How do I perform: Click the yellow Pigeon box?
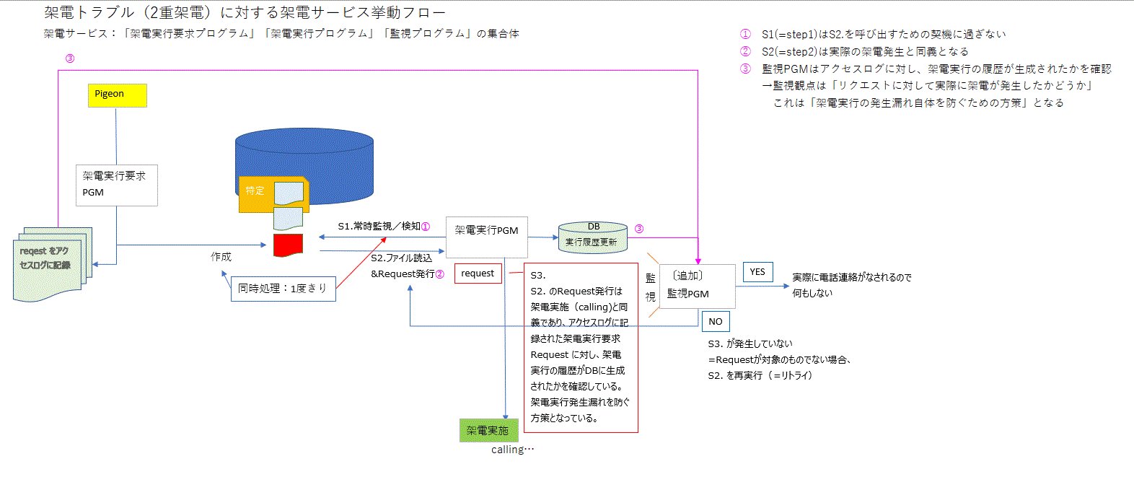[x=117, y=95]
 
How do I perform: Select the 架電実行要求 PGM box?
[x=116, y=185]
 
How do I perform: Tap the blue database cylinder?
[x=304, y=155]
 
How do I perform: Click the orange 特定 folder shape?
[x=257, y=193]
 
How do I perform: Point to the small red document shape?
[x=288, y=245]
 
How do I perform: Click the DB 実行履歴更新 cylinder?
[x=592, y=237]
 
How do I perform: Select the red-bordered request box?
[x=478, y=273]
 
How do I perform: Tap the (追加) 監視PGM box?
[x=697, y=286]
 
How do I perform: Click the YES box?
[x=757, y=272]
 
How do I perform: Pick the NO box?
[x=715, y=322]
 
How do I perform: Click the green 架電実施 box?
[x=488, y=431]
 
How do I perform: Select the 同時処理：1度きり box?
[x=283, y=289]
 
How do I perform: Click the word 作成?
[x=221, y=257]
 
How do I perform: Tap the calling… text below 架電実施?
[x=512, y=450]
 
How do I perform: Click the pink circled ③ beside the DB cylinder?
[x=638, y=229]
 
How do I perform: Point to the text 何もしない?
[x=812, y=293]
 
